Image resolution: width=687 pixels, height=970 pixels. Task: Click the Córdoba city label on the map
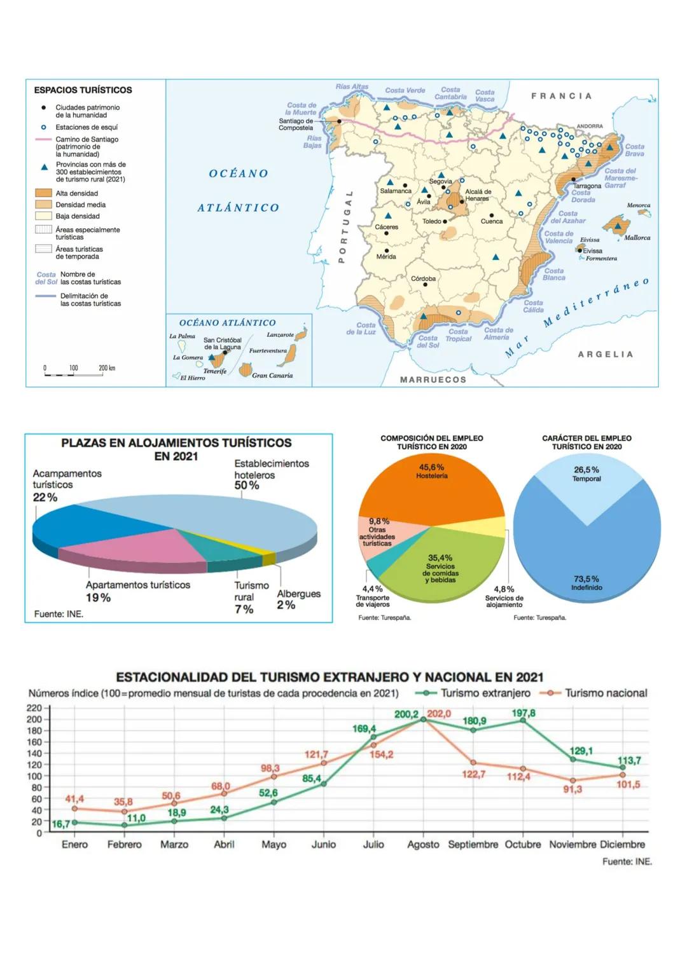[423, 278]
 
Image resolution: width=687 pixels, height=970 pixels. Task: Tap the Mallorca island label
[637, 238]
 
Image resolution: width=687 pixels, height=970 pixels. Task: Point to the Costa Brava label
[634, 150]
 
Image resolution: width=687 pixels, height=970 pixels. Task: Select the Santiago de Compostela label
[296, 124]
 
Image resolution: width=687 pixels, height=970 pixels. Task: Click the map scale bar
[73, 374]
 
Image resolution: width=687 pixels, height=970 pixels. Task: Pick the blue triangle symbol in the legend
[44, 167]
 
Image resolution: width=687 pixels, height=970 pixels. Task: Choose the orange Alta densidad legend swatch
[43, 193]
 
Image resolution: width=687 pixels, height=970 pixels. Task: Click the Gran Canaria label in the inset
[272, 376]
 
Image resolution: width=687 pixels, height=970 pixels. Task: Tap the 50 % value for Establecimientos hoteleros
[247, 486]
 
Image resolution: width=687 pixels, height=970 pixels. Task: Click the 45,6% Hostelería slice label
[432, 471]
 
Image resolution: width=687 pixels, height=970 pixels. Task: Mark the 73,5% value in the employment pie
[586, 578]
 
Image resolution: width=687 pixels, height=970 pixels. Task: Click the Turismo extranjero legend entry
[485, 693]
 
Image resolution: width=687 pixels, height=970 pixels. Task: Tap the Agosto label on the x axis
[423, 844]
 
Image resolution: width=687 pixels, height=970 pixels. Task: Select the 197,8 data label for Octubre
[524, 713]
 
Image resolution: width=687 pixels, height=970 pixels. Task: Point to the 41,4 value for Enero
[74, 798]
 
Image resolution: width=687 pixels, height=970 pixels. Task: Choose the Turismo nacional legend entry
[606, 693]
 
